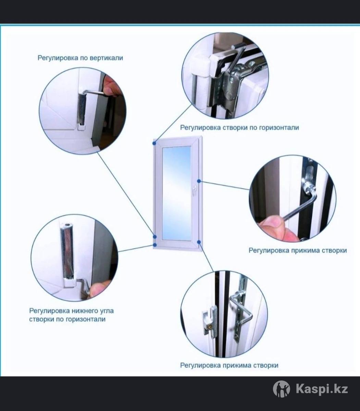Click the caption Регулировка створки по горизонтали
[239, 128]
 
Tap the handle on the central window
[195, 190]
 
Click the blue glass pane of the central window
[177, 193]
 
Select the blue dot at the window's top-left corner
[154, 143]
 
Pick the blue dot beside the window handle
[199, 181]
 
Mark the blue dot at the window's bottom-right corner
[199, 242]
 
